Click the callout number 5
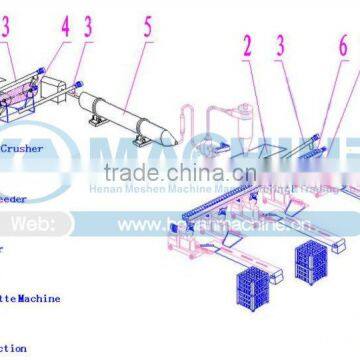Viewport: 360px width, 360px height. coord(147,25)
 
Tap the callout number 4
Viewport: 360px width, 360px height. coord(65,27)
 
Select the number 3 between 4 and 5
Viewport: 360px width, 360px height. coord(89,27)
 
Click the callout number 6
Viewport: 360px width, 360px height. coord(341,45)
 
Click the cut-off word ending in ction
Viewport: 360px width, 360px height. coord(13,349)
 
